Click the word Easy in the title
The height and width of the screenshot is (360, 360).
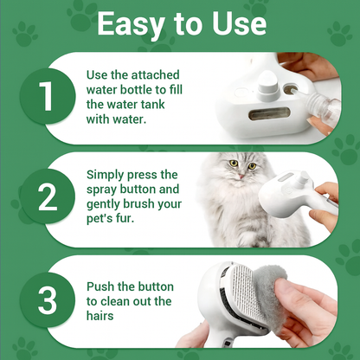tap(131, 25)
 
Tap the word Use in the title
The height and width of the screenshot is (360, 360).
tap(239, 23)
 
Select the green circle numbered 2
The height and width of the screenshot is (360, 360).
tap(48, 197)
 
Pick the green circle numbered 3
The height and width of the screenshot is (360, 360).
tap(48, 300)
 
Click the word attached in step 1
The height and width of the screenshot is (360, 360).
tap(156, 74)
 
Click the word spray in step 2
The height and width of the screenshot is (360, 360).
tap(101, 190)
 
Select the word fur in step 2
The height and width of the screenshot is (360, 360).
tap(125, 218)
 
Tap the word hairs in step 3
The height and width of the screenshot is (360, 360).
tap(100, 316)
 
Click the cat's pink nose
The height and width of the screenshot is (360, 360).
tap(241, 177)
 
